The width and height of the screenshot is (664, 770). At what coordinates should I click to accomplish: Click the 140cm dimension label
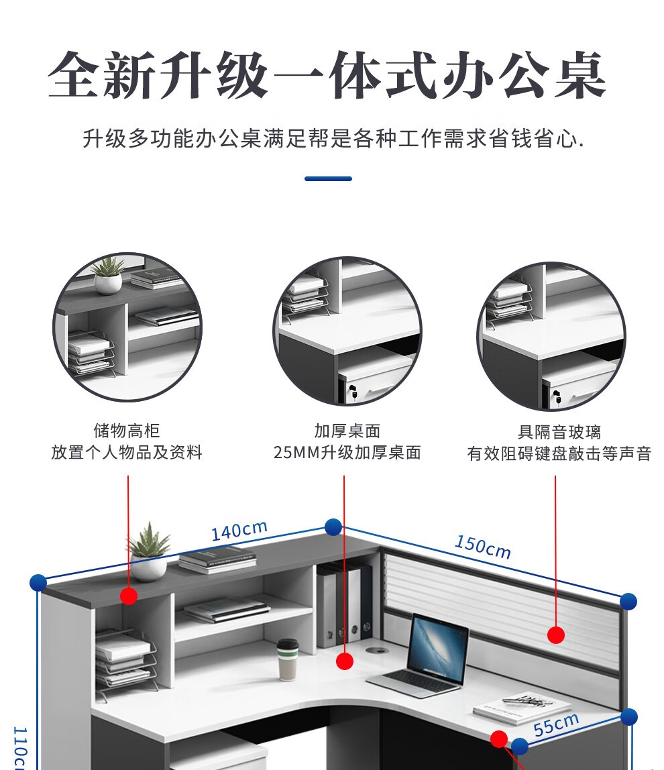click(239, 531)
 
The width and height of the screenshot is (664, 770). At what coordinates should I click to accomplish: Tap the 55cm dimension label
click(557, 725)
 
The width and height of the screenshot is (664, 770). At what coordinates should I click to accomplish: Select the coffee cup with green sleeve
click(288, 659)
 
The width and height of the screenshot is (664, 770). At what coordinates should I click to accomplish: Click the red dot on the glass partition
click(555, 635)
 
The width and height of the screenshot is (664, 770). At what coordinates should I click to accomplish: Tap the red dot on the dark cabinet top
click(129, 596)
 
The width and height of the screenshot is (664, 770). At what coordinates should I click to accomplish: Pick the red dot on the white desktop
click(344, 661)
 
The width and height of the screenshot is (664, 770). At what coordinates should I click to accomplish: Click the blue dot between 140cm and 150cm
click(333, 527)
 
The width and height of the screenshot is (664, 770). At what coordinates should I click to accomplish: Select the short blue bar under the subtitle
click(328, 178)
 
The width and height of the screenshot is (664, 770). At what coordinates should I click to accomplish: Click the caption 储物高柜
click(127, 431)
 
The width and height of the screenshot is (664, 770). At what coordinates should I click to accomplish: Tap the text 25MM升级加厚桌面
click(347, 452)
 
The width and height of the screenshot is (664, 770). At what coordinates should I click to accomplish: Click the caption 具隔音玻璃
click(559, 432)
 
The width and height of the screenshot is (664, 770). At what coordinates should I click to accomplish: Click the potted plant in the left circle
click(108, 275)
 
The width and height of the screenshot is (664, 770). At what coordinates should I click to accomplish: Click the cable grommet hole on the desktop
click(377, 651)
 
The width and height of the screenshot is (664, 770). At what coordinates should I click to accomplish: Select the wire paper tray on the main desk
click(125, 661)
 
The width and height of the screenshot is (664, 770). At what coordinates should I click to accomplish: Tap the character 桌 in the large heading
click(579, 75)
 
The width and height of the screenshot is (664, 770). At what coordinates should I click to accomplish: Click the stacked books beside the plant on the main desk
click(217, 560)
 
